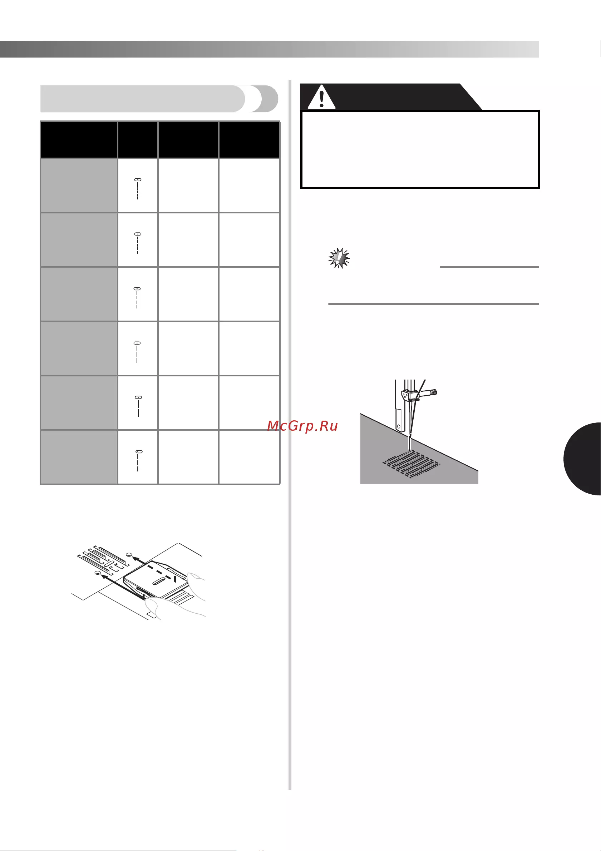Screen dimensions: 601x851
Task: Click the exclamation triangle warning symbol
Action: [321, 97]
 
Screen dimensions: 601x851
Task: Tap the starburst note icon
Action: [339, 258]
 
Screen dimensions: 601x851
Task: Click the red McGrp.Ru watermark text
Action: [302, 426]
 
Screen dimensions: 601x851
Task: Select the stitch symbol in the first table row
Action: [138, 189]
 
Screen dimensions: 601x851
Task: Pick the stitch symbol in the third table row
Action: [137, 298]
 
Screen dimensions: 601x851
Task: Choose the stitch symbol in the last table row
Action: [138, 461]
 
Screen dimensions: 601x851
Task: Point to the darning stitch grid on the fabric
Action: [411, 464]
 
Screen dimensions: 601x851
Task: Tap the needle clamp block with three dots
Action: [407, 397]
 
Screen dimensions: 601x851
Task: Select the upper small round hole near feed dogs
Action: [129, 554]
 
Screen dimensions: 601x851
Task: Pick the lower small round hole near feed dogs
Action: [98, 573]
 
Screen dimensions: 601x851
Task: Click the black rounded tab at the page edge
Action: [583, 459]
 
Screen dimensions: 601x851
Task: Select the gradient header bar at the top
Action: [270, 49]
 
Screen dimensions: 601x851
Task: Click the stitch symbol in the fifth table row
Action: [138, 407]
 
